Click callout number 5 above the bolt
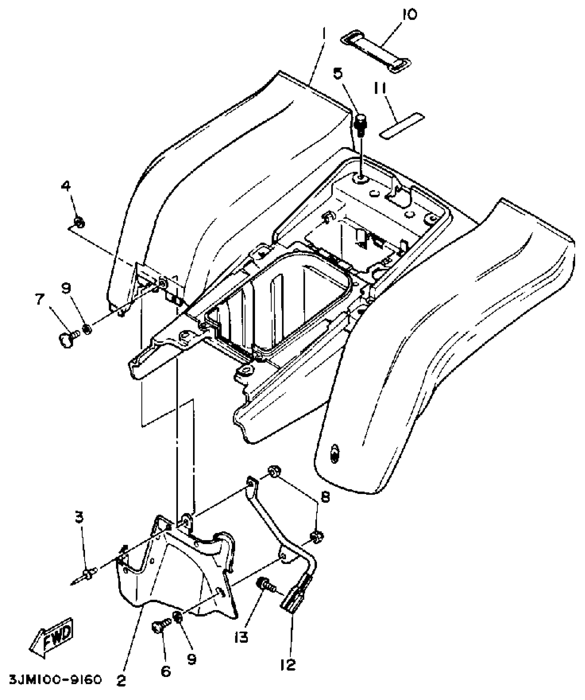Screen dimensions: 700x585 (x=338, y=73)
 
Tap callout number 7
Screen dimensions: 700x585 (x=40, y=299)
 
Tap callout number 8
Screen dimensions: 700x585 (x=325, y=497)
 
